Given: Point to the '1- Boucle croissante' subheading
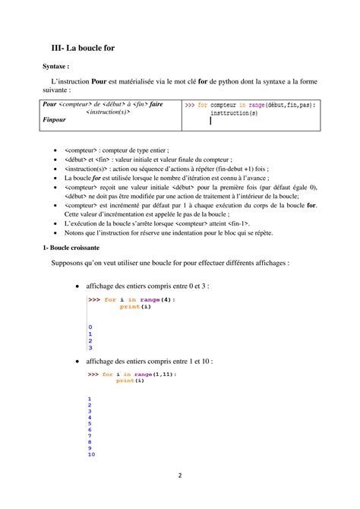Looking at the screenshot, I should pos(76,248).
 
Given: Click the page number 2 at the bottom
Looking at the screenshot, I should pos(180,476).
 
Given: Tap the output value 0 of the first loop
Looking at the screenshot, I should pos(90,327).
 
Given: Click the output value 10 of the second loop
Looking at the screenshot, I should pos(91,454).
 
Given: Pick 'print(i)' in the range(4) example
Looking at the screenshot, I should pos(131,307).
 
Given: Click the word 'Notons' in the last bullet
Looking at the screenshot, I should pos(75,232).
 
